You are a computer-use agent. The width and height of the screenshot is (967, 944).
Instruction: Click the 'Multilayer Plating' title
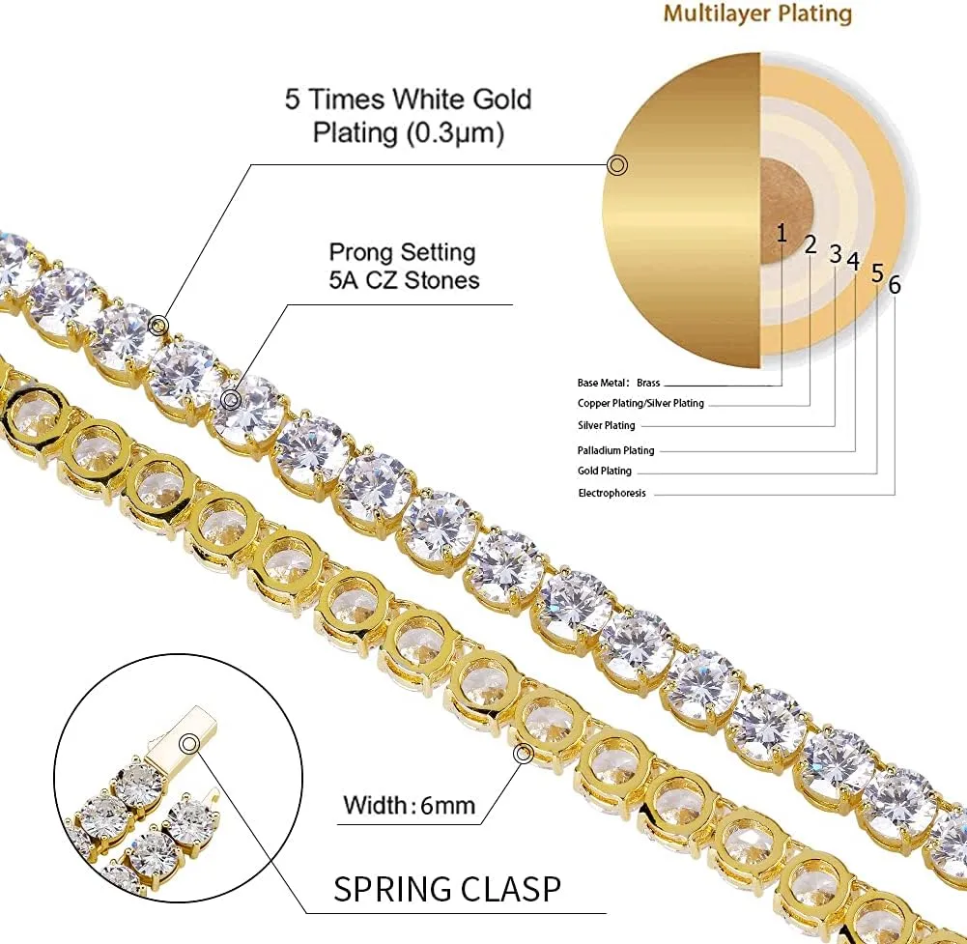coord(757,14)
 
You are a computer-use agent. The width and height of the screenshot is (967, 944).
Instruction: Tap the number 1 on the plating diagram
coord(782,233)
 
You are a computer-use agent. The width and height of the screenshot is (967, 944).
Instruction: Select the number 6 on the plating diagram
coord(895,285)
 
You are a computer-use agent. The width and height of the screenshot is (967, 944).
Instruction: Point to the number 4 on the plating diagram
coord(853,262)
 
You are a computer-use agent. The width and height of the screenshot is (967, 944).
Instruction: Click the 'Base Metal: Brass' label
coord(618,384)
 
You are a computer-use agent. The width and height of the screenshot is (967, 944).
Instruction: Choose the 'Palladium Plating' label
coord(615,450)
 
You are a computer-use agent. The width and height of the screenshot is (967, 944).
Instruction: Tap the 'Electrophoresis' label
coord(611,493)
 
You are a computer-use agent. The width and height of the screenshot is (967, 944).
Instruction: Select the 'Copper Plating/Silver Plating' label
coord(640,404)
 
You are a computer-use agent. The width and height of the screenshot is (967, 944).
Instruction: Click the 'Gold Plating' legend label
coord(605,471)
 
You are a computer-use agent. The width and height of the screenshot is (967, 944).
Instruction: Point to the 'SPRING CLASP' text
coord(447,889)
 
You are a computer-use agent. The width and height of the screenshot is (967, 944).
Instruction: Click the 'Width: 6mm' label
coord(409,805)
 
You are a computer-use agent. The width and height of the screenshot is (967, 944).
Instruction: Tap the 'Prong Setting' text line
coord(402,252)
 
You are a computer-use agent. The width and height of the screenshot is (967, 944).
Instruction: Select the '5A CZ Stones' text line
coord(404,280)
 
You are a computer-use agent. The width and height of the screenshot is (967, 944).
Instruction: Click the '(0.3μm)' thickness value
coord(454,132)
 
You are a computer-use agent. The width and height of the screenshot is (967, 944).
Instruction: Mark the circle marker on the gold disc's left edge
coord(617,165)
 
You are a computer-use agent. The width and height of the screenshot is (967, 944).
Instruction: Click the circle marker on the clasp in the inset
coord(189,744)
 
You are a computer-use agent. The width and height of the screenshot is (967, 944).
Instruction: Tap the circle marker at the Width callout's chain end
coord(524,753)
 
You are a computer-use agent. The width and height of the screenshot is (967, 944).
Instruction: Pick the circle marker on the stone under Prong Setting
coord(231,400)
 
